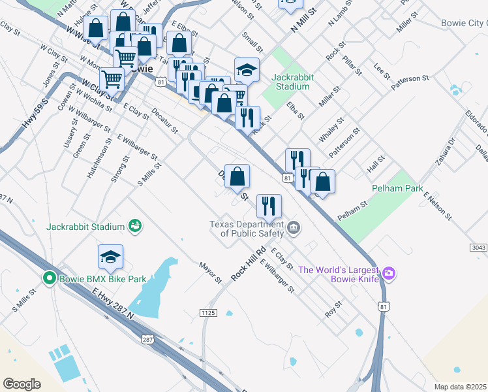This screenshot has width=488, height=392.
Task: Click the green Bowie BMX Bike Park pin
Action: coord(48,279)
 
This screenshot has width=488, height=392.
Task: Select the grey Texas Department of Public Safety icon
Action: coord(294,228)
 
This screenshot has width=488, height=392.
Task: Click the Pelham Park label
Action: coord(393,188)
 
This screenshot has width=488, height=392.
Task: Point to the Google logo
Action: coord(22,384)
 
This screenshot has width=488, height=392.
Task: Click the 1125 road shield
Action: coord(207,314)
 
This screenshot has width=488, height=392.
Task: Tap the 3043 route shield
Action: coord(478,248)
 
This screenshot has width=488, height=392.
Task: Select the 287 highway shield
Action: coord(148,339)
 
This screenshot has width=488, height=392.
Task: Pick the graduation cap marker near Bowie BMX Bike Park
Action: coord(111,258)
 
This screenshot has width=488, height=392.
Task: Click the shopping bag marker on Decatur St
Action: coord(237,176)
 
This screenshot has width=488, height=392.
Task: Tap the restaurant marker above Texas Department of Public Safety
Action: coord(269,206)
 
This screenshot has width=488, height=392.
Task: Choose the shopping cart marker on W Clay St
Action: coord(112,80)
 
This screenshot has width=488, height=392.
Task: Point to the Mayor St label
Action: coord(211,273)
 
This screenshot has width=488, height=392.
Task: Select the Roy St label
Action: coord(334,310)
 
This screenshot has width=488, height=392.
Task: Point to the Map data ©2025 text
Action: coord(459,387)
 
